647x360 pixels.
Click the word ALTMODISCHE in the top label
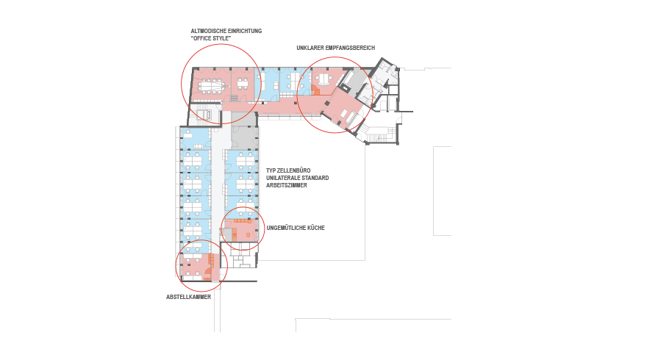(x=208, y=31)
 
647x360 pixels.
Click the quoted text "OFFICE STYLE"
(x=211, y=38)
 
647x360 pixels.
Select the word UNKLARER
(x=310, y=48)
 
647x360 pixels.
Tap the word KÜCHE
(x=316, y=228)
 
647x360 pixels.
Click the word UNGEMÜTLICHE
(x=286, y=228)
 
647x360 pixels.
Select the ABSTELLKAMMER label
(x=188, y=297)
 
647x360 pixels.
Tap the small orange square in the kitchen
(x=248, y=234)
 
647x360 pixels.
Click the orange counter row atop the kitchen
(x=243, y=221)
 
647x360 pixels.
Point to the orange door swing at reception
(x=315, y=90)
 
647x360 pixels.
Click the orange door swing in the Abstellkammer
(x=208, y=272)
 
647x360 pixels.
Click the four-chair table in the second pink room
(x=242, y=84)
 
